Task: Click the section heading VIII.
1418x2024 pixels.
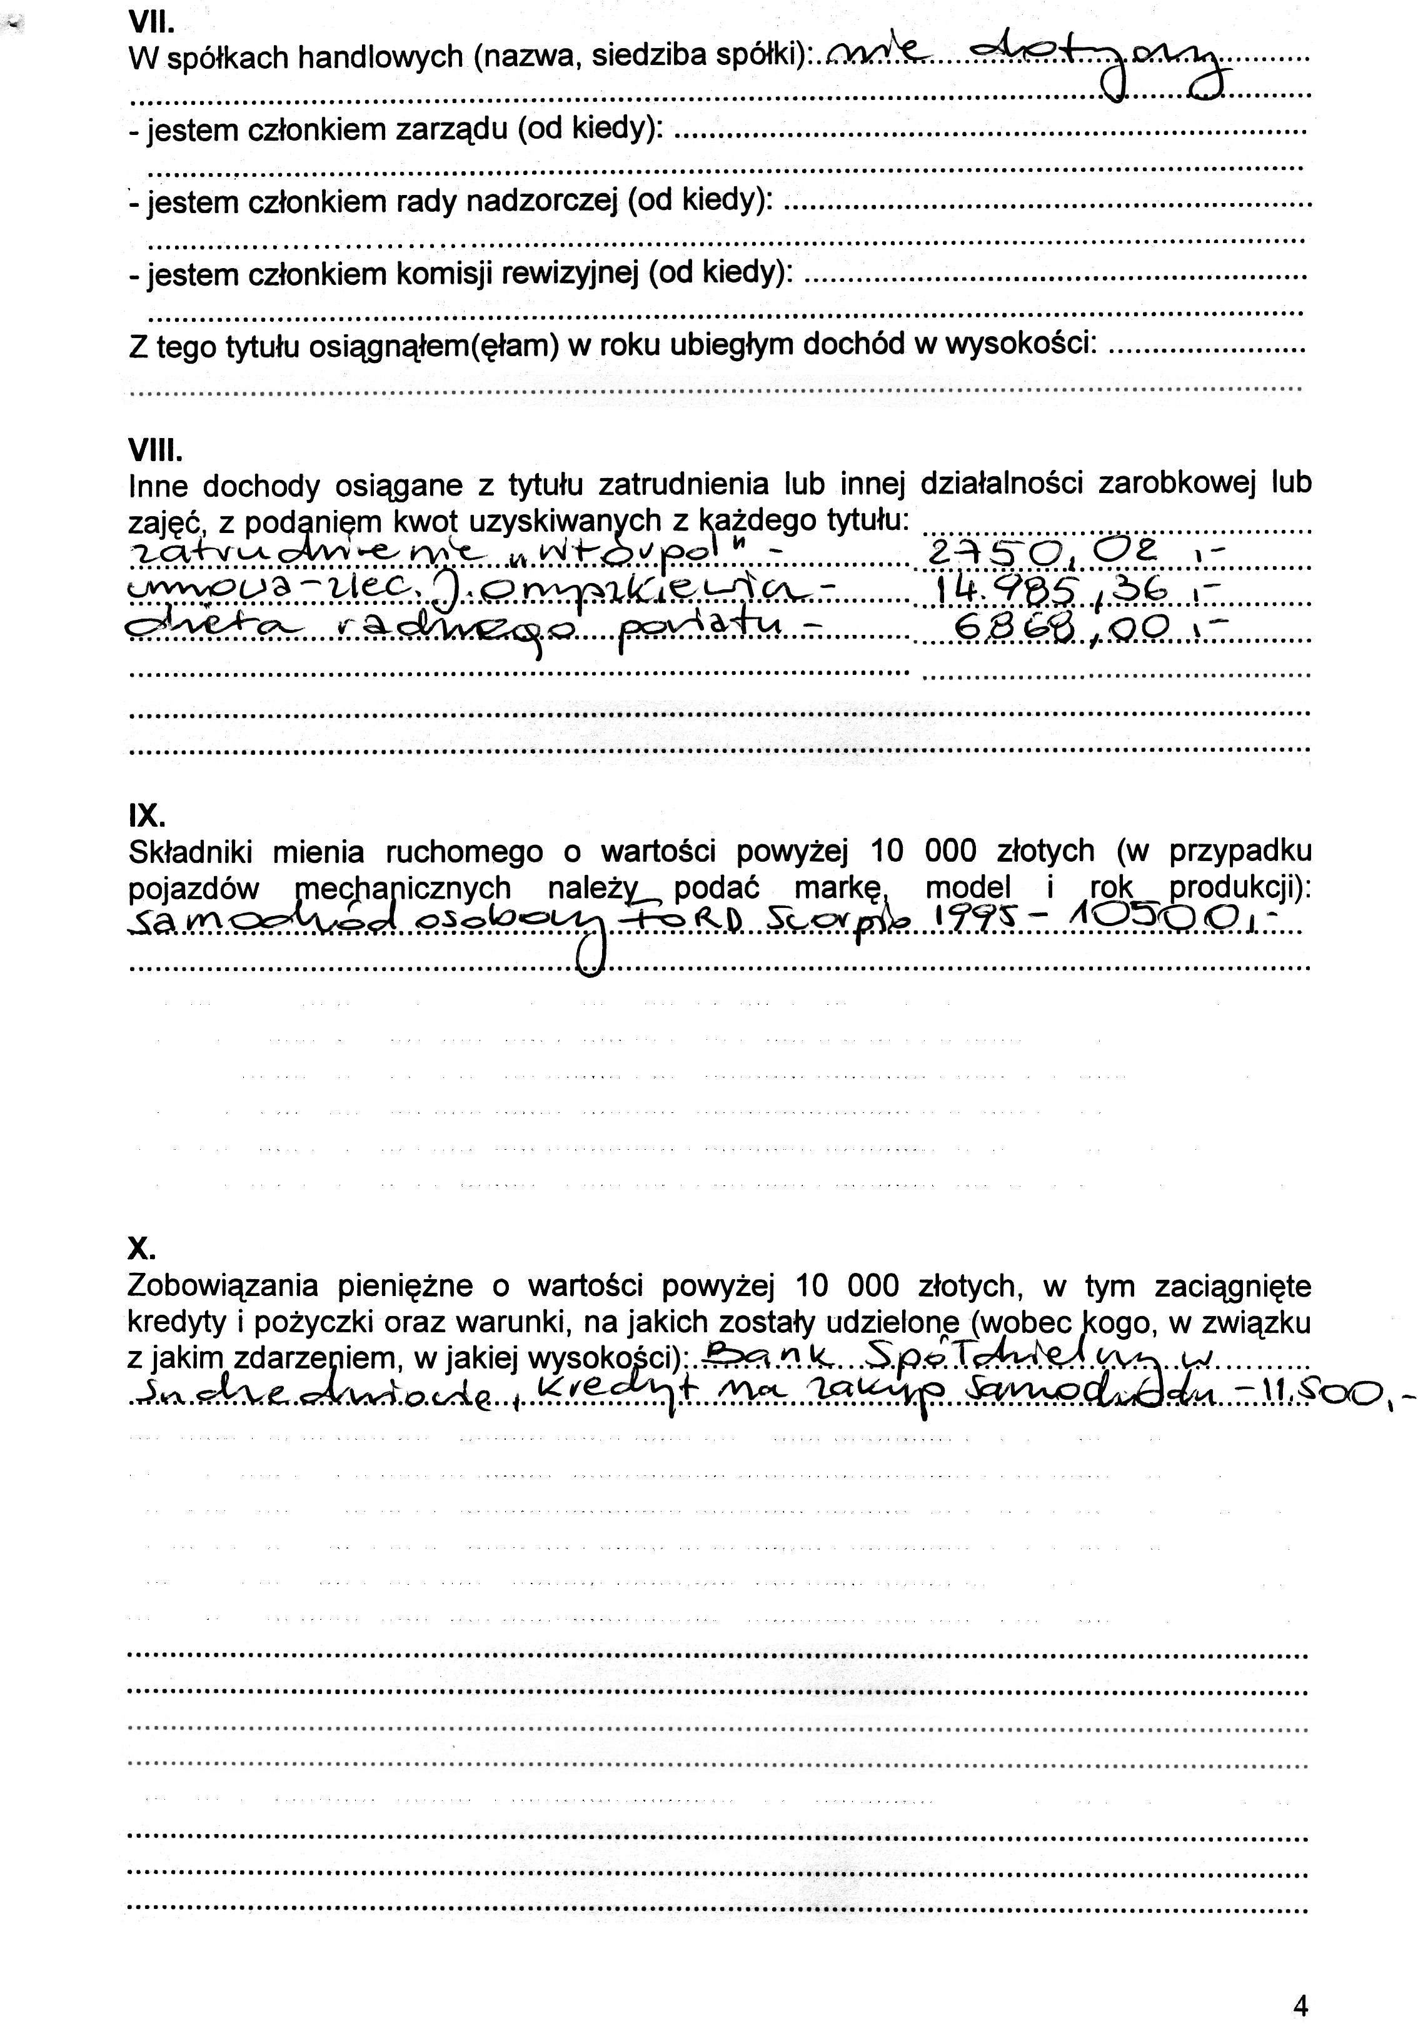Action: coord(155,451)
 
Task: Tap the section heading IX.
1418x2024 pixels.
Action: coord(146,816)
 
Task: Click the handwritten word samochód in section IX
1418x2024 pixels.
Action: coord(264,923)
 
